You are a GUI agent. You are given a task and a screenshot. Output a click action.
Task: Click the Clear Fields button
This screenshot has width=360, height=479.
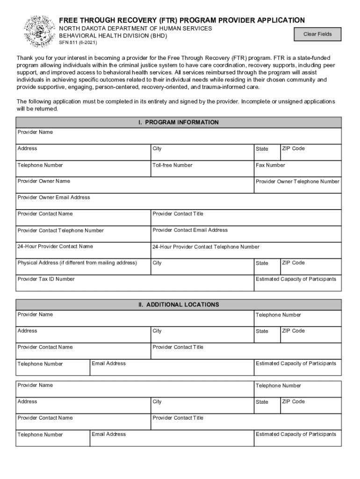317,34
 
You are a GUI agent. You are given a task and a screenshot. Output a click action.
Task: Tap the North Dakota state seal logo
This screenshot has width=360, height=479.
39,31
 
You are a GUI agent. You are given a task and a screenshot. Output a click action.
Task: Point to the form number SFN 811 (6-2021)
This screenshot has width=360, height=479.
78,43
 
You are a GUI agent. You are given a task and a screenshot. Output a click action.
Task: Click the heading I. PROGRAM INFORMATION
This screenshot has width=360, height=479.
178,122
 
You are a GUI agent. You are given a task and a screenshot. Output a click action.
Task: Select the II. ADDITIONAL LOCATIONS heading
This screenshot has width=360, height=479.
178,305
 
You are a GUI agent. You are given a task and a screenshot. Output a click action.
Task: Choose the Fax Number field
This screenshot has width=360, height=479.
297,168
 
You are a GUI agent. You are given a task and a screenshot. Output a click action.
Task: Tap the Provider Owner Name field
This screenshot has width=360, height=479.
135,185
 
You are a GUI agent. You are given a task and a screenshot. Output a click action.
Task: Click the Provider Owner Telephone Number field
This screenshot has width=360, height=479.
297,185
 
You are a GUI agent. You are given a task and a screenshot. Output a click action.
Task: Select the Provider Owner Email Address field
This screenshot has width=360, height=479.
178,201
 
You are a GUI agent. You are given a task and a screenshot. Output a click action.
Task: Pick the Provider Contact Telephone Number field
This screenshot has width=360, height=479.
83,234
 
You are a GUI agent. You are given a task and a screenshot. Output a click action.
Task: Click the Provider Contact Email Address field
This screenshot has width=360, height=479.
246,234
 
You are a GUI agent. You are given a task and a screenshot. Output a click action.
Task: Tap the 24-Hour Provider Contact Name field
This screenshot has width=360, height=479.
83,250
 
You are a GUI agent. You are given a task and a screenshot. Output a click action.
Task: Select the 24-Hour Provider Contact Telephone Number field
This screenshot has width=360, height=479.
246,250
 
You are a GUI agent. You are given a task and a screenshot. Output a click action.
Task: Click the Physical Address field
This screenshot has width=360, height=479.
83,267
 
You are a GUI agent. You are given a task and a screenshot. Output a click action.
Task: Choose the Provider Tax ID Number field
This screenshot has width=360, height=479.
135,283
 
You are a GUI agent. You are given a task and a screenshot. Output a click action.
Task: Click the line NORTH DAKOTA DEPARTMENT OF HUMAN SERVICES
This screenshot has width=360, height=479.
135,29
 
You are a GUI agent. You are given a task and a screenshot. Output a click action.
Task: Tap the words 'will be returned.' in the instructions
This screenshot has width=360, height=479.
37,109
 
